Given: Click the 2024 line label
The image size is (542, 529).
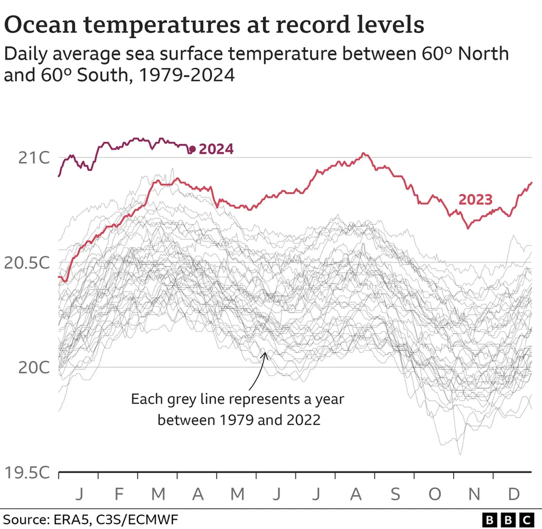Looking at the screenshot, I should (216, 149).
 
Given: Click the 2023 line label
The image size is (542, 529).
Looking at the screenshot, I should (475, 200).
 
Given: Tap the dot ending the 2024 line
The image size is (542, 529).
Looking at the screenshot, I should (192, 150).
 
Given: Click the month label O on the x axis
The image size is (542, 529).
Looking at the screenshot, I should (435, 494).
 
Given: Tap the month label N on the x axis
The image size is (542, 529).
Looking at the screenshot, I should (474, 494).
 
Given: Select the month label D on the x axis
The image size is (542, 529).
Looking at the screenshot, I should (513, 494).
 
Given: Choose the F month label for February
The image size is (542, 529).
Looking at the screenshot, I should (119, 494).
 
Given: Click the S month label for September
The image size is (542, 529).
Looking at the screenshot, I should (395, 494).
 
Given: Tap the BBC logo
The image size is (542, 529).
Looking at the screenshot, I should (509, 518).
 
